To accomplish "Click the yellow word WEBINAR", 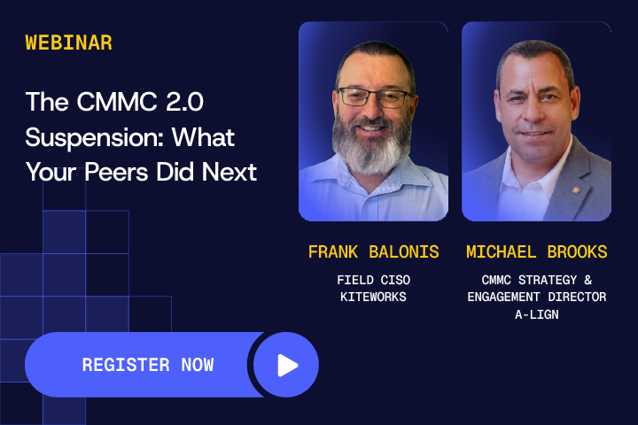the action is click(69, 42).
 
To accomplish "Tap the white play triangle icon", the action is click(287, 365).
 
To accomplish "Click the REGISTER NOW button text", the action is click(148, 365).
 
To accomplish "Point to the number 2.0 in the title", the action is click(184, 101).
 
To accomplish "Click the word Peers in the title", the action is click(117, 172).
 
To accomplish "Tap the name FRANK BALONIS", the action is click(374, 251).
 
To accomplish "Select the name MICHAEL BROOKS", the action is click(537, 251).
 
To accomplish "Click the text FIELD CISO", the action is click(374, 280).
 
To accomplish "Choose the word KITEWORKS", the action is click(374, 297).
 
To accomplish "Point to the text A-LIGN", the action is click(537, 314).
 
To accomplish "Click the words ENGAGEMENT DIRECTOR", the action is click(537, 297).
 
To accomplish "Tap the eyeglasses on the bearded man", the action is click(375, 97).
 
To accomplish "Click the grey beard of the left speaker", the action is click(371, 145).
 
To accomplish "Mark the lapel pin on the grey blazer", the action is click(576, 190).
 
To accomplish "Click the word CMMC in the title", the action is click(117, 101).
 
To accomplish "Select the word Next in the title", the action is click(230, 172).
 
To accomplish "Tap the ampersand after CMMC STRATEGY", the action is click(588, 280).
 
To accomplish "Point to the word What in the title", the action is click(203, 137).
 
